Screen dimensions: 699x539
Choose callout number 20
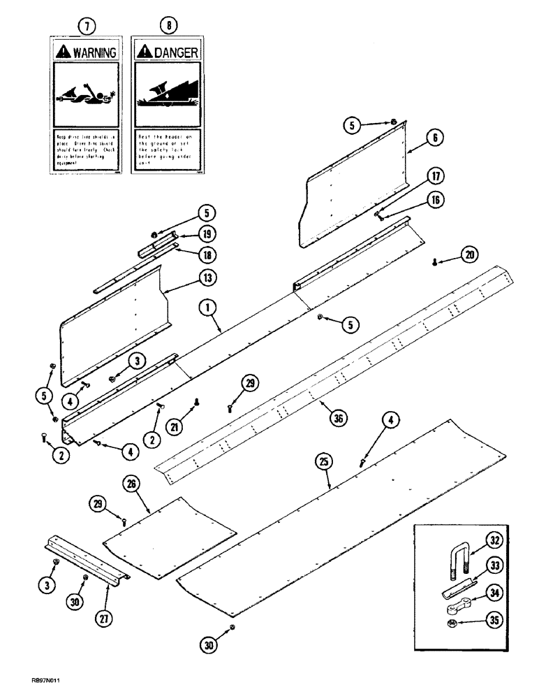tap(469, 256)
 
